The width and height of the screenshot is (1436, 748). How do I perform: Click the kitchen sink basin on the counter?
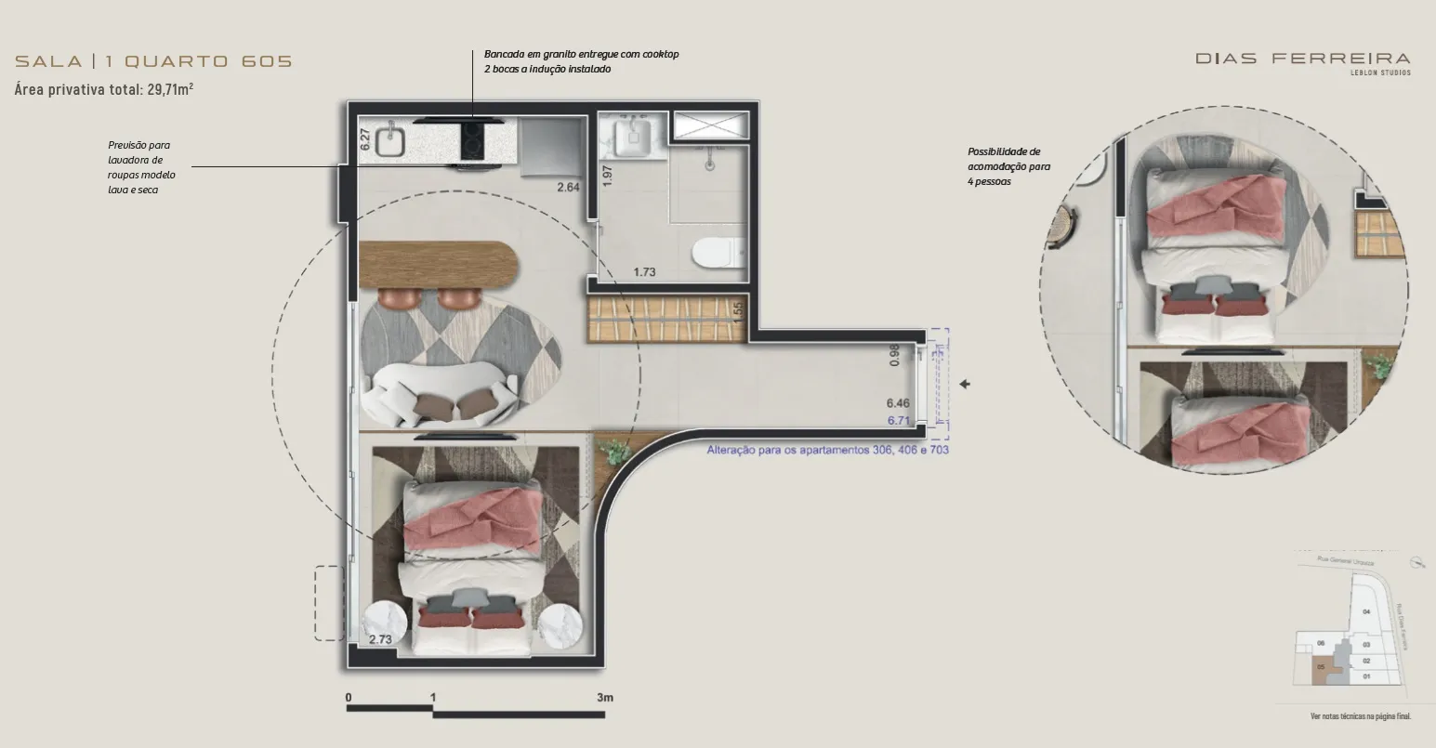click(x=390, y=141)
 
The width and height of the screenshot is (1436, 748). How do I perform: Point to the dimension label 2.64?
click(x=568, y=188)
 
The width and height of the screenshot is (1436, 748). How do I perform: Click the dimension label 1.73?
click(x=644, y=272)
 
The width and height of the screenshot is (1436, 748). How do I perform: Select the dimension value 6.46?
click(x=897, y=403)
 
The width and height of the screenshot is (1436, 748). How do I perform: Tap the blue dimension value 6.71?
click(x=897, y=420)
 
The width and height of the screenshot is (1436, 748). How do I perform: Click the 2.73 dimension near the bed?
click(x=380, y=639)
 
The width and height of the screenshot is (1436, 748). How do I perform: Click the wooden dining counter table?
click(x=437, y=265)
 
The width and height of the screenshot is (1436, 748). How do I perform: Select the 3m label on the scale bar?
click(x=605, y=697)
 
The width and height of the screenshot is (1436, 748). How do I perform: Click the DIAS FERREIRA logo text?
click(x=1302, y=59)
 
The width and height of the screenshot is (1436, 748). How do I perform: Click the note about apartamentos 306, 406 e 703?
click(x=827, y=450)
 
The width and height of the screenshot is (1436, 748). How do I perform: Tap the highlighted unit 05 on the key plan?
click(x=1321, y=667)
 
